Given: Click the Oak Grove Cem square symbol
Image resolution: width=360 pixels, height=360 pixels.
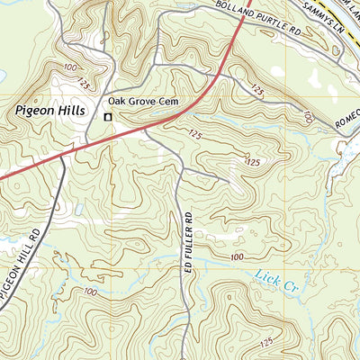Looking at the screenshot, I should click(108, 117).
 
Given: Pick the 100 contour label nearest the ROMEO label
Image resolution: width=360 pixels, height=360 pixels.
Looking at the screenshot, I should click(308, 117).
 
